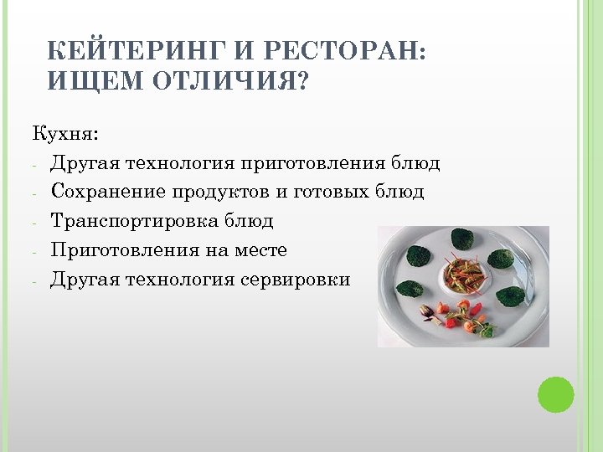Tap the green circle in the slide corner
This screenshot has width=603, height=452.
tap(554, 394)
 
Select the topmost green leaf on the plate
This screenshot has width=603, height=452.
tap(462, 239)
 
